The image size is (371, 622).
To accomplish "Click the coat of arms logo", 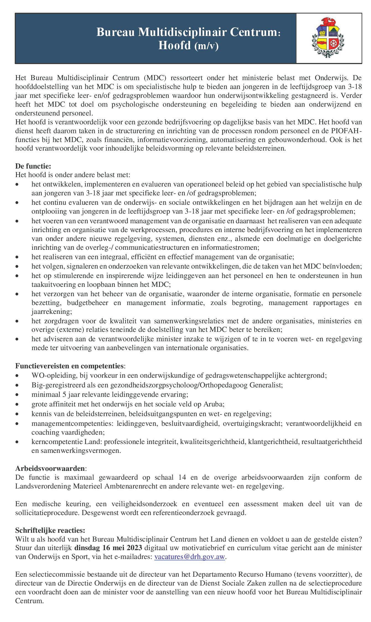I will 329,38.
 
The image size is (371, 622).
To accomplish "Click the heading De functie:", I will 33,166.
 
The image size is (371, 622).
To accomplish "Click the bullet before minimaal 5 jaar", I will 18,395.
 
